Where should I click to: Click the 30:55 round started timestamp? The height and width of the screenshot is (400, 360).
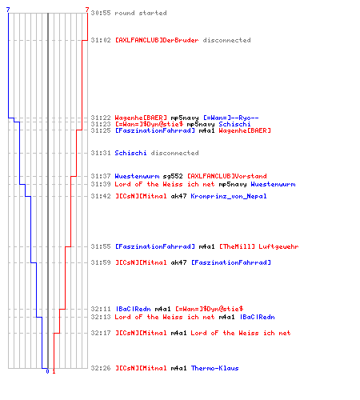coord(101,13)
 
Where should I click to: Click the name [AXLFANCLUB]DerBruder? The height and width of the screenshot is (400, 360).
coord(157,40)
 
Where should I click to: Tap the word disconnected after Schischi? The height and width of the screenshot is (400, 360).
coord(174,153)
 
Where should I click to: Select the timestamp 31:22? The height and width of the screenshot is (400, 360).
coord(101,118)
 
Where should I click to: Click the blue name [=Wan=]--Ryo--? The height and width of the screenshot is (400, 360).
coord(231,118)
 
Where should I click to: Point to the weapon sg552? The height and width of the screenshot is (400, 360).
coord(173,176)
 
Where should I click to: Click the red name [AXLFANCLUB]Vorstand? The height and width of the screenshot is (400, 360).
coord(227,176)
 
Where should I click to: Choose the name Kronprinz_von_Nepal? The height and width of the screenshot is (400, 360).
coord(229,196)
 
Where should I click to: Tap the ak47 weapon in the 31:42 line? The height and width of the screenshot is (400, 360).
coord(178,196)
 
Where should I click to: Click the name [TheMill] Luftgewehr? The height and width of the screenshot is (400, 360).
coord(258,246)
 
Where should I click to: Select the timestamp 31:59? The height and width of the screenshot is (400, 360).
coord(101,262)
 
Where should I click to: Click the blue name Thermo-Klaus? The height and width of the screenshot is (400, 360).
coord(214,368)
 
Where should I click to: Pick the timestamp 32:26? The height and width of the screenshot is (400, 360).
coord(101,368)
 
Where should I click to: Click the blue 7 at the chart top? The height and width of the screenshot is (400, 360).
coord(8,10)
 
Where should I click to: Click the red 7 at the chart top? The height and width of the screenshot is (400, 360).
coord(87,10)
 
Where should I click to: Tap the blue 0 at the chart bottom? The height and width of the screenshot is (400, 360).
coord(47,371)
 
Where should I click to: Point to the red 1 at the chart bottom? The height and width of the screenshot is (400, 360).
coord(54,371)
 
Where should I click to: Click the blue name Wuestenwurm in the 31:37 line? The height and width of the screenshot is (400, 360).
coord(137,176)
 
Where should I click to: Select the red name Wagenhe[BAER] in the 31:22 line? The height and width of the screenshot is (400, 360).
coord(141,118)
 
